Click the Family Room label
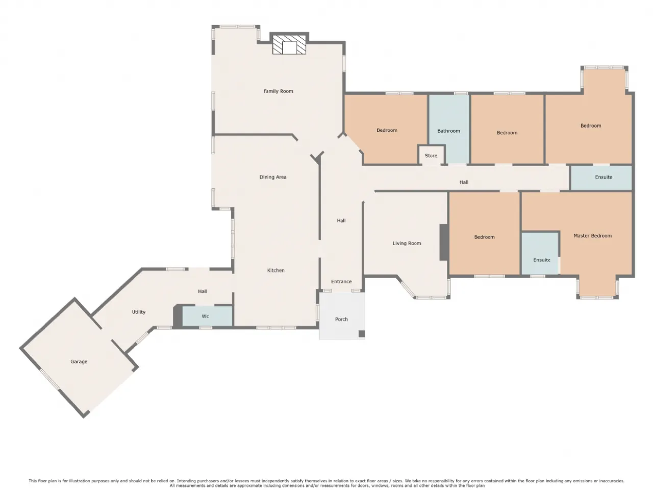(x=278, y=91)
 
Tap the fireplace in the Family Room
(x=289, y=44)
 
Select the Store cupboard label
(x=431, y=156)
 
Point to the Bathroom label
(x=448, y=131)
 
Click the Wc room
(x=207, y=316)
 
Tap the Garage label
(x=79, y=362)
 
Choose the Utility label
(x=139, y=312)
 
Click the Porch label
(x=341, y=319)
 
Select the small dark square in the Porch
(x=362, y=333)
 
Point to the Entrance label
(x=341, y=281)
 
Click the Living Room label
(x=407, y=243)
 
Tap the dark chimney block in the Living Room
(x=444, y=242)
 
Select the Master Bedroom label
(x=593, y=236)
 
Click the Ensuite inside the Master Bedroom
(x=540, y=253)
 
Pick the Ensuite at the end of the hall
(x=601, y=178)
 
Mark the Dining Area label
(x=273, y=177)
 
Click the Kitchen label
(x=276, y=271)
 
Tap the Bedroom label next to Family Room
(x=387, y=130)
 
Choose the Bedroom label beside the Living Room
(x=484, y=237)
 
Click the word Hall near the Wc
(x=203, y=291)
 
